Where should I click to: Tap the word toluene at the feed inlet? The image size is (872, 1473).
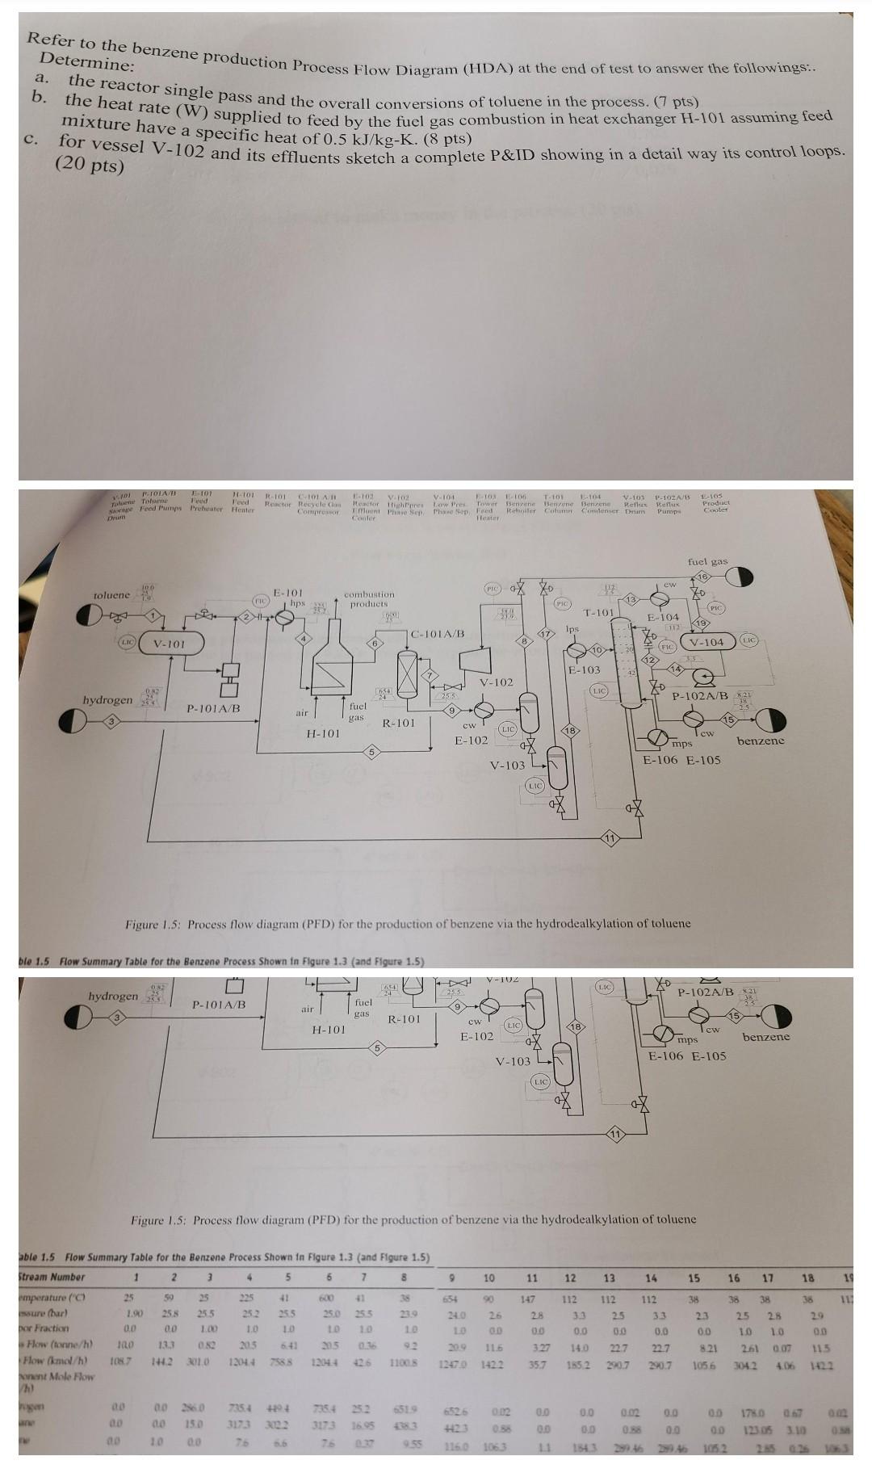click(x=111, y=595)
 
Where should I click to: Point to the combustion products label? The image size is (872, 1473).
click(x=369, y=598)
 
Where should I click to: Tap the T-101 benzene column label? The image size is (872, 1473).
click(x=600, y=613)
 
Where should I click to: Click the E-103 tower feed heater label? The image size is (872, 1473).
click(x=584, y=669)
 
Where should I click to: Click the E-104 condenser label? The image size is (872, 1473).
click(x=664, y=618)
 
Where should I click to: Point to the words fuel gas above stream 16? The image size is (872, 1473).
click(x=707, y=560)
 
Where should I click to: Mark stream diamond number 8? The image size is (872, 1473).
click(x=524, y=641)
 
